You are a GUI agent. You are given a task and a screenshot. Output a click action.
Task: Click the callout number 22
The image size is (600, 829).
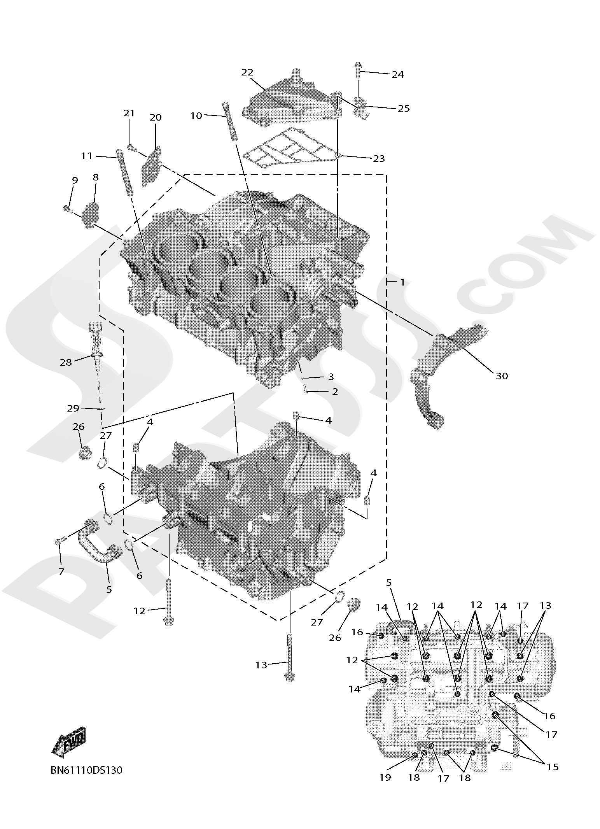tap(247, 72)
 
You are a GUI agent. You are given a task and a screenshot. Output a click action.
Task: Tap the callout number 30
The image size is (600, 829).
tap(502, 376)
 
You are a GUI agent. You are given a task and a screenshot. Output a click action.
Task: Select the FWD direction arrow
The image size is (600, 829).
tap(69, 742)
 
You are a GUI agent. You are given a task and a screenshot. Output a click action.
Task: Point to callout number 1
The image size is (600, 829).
tap(402, 282)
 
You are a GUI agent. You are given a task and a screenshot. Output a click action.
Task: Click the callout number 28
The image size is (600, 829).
tap(66, 362)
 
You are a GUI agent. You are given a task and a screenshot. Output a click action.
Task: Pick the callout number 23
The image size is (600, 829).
tap(378, 158)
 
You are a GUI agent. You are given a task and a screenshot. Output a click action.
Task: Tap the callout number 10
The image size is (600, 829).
tap(196, 116)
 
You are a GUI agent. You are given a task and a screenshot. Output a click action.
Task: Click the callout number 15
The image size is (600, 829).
tap(552, 767)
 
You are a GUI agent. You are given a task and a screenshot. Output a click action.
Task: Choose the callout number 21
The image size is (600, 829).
tap(129, 113)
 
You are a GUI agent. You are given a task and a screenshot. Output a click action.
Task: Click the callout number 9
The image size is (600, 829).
tap(75, 180)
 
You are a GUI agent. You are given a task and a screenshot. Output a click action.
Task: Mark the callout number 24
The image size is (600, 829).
tap(397, 74)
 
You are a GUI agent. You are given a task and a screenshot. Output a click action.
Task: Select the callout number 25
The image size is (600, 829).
tap(404, 108)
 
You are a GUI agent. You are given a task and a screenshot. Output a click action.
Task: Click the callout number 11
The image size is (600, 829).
tap(87, 156)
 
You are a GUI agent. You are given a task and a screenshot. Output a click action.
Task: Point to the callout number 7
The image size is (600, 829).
tap(61, 571)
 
